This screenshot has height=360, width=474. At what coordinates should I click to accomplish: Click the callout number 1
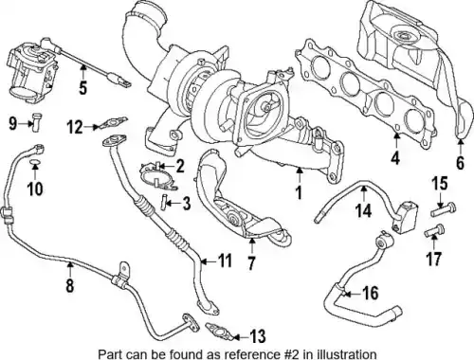tap(299, 192)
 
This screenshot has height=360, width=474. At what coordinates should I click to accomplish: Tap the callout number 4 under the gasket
tap(395, 157)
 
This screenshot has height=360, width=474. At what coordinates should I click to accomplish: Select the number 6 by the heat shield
tap(460, 163)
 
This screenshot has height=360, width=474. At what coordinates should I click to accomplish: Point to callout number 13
tap(258, 337)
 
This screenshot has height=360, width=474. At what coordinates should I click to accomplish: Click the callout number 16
tap(370, 293)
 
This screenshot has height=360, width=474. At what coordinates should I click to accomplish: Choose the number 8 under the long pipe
tap(70, 285)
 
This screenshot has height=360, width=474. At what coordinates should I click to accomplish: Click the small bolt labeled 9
tap(37, 121)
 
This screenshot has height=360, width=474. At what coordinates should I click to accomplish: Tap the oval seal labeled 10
tap(35, 163)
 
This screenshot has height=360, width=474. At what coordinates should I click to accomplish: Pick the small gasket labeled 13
tap(219, 330)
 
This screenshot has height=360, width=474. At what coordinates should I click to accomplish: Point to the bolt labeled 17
tap(434, 231)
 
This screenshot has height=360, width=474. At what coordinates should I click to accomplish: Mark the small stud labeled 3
tap(165, 201)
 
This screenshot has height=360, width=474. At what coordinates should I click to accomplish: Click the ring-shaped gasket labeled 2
tap(158, 177)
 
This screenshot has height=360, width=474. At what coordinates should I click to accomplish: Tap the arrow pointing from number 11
tap(207, 261)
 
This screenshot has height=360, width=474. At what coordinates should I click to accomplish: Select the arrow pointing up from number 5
tap(82, 71)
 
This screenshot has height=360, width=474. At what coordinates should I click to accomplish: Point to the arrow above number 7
tap(251, 247)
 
